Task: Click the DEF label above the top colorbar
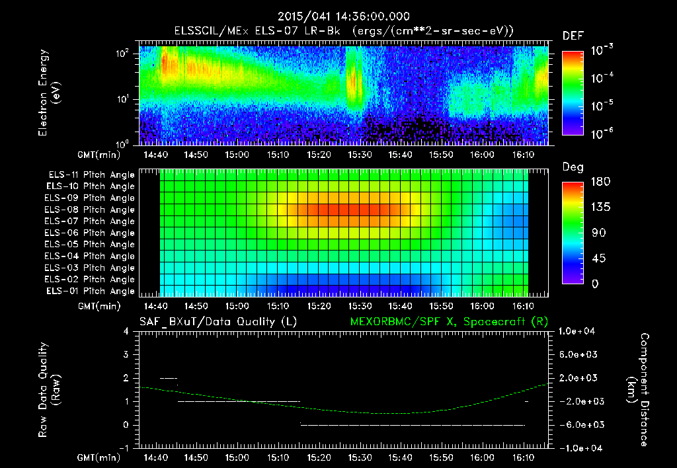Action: (x=573, y=36)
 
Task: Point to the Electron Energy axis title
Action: (x=50, y=93)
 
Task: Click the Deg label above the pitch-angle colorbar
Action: (x=573, y=167)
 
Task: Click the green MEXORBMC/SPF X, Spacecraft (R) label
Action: (x=448, y=322)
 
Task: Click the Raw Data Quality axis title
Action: (x=50, y=389)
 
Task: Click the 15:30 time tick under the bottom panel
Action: (x=360, y=457)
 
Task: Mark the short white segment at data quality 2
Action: (x=169, y=378)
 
